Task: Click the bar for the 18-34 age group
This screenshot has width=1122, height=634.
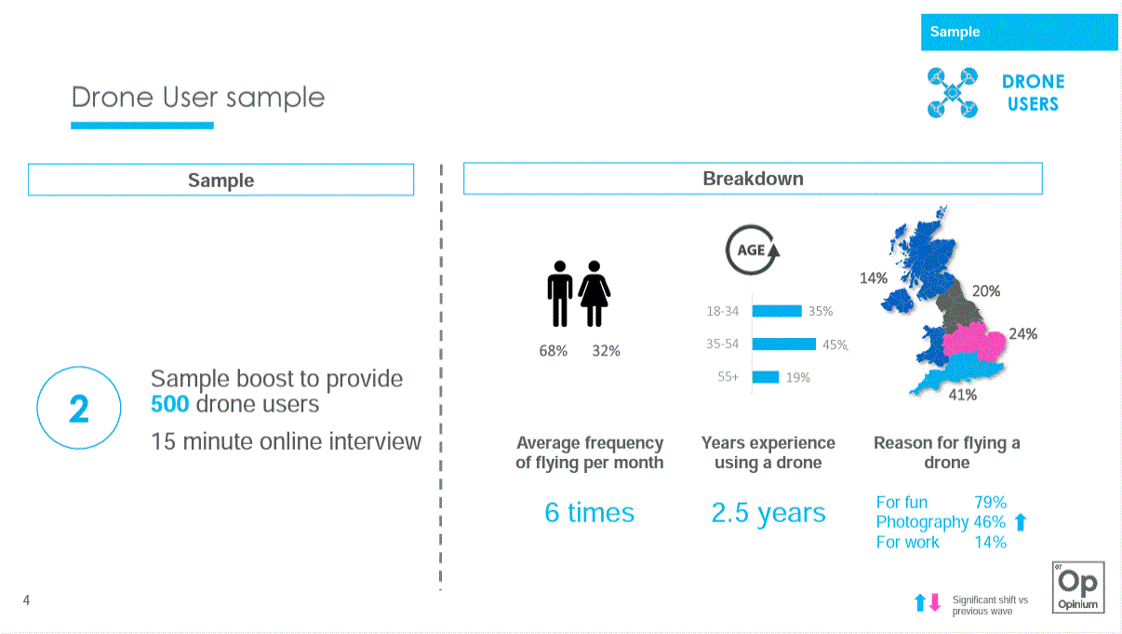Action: [777, 311]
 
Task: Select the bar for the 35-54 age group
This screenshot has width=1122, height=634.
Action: [784, 344]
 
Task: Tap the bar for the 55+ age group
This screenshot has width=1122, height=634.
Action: [766, 377]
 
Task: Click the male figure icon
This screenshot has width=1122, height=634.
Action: [559, 293]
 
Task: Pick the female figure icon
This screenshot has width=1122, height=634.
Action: [594, 293]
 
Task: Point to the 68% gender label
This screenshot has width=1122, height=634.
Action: [553, 351]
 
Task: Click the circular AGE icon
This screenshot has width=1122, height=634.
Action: [753, 250]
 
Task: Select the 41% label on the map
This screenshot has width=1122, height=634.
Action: [963, 395]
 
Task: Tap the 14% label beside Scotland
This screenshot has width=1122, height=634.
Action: [874, 278]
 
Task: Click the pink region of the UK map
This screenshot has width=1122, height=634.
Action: [974, 342]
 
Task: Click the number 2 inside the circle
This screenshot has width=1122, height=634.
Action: [79, 409]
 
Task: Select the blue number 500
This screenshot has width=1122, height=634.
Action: [170, 404]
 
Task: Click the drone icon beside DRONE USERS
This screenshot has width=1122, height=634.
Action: [952, 93]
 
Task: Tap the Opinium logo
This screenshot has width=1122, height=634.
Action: [1078, 587]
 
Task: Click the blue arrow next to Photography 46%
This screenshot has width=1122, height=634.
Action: [1021, 521]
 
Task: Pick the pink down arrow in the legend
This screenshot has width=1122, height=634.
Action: [935, 602]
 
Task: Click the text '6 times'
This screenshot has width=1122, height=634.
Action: [590, 512]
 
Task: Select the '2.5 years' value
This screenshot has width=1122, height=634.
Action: [768, 513]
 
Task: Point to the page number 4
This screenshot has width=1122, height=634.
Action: [27, 600]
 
